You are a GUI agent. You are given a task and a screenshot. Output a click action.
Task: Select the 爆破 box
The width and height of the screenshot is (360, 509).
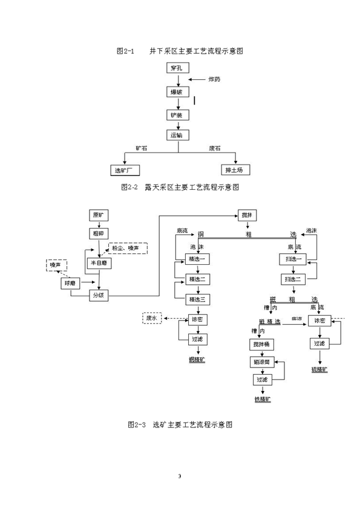tap(179, 92)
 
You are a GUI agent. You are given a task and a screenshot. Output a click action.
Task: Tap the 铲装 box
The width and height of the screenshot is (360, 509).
tap(179, 114)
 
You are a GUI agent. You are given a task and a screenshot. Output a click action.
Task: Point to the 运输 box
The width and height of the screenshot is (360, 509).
tap(179, 135)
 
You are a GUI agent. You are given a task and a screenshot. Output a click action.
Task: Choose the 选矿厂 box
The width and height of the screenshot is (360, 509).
tap(124, 170)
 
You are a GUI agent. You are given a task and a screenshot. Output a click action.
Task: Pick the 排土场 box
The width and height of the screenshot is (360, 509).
tap(233, 170)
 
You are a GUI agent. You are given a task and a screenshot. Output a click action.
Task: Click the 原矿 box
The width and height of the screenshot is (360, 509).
tap(98, 215)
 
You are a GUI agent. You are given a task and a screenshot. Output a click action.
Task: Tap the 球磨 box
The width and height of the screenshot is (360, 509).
tap(71, 283)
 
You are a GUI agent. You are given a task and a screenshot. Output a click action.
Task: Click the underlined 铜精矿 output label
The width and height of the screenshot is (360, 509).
tap(197, 359)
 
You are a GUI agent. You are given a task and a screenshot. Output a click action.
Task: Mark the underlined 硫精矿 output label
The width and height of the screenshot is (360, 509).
tap(319, 368)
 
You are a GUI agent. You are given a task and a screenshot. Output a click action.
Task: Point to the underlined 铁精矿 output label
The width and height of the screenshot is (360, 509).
tap(262, 400)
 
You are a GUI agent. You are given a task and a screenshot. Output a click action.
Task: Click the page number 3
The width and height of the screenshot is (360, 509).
tap(180, 478)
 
